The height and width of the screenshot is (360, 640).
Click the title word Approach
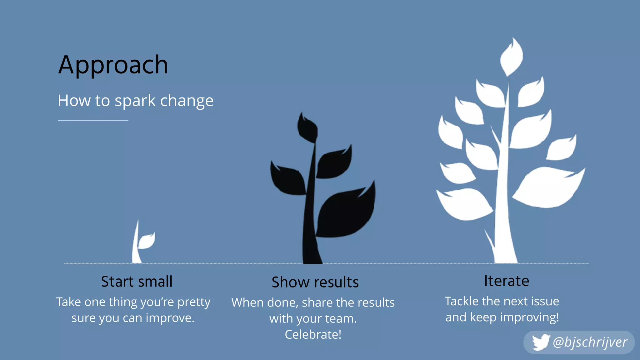pos(113,65)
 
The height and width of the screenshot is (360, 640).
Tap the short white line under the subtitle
pos(93,120)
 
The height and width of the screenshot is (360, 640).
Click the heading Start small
pos(137,281)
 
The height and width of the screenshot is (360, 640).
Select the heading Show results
pos(315,282)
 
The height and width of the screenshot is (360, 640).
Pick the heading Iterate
pos(507,281)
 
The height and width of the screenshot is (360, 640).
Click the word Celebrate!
pos(313,334)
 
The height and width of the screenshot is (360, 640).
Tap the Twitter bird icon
pos(540,342)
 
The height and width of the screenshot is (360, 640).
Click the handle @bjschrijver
pos(590,342)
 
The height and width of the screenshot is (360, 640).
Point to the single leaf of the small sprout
pos(146,241)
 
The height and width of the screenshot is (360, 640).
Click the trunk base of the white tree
pos(505,255)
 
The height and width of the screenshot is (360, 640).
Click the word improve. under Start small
pos(170,318)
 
